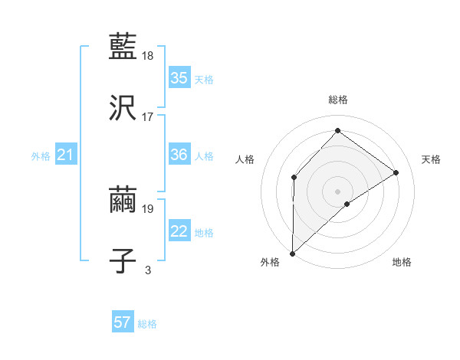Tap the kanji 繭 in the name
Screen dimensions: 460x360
[x=123, y=198]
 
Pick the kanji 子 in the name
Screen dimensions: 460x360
[x=123, y=260]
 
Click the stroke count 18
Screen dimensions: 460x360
[x=149, y=56]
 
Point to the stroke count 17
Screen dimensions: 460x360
[x=148, y=117]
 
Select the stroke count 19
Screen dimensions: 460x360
[x=149, y=208]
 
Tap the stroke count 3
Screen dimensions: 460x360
[x=148, y=270]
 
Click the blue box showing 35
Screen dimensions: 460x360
[x=179, y=78]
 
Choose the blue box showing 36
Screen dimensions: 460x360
[x=179, y=155]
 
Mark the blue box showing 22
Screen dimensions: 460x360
[x=179, y=232]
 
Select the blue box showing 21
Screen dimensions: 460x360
[x=66, y=155]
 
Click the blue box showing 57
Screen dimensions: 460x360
[x=123, y=322]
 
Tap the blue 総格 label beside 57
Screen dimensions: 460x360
[x=147, y=324]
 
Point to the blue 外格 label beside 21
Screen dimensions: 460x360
[x=41, y=156]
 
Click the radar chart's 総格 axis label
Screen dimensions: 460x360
[x=337, y=100]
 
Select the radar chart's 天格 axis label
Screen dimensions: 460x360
[x=431, y=159]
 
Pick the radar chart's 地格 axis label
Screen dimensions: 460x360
[x=402, y=262]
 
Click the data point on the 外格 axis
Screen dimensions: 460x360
[x=292, y=253]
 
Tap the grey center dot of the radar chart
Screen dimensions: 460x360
[x=337, y=191]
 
